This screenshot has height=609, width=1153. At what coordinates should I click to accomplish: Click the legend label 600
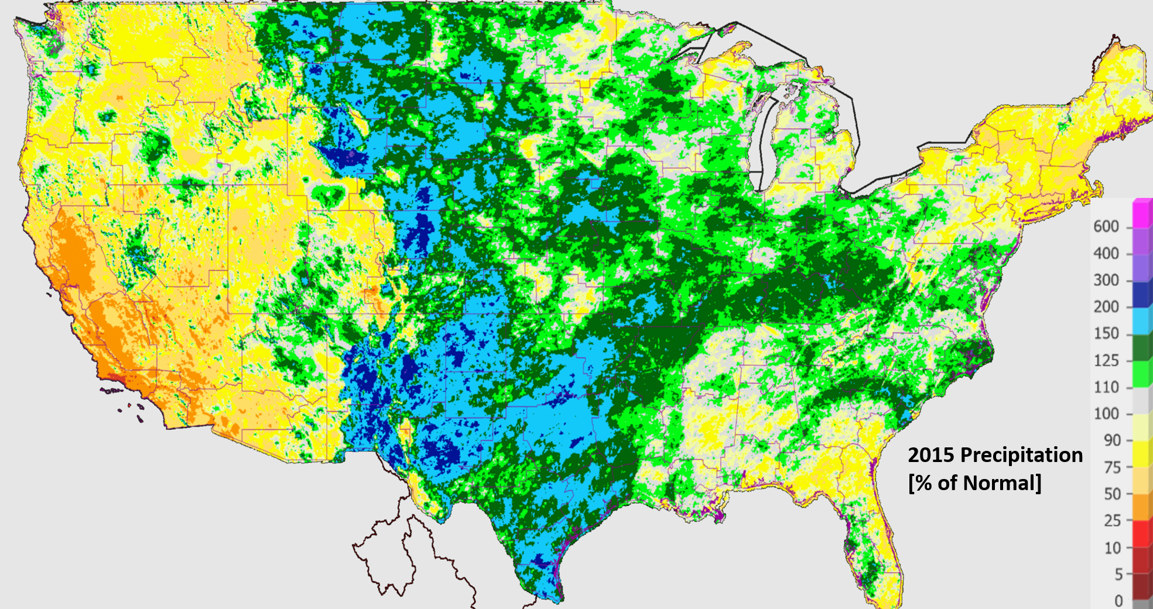[x=1106, y=227]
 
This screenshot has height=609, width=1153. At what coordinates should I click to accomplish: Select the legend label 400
[x=1106, y=254]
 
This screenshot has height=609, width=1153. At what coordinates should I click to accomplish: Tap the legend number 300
[x=1106, y=280]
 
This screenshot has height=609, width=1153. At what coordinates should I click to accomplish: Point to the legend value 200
[x=1106, y=307]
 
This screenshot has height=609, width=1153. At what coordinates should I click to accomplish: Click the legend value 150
[x=1106, y=334]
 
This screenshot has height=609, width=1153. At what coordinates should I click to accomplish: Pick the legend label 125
[x=1106, y=361]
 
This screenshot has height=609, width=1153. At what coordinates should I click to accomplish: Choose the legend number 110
[x=1106, y=387]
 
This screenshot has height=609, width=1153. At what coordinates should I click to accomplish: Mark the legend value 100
[x=1106, y=414]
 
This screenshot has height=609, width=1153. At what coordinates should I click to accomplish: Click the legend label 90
[x=1112, y=440]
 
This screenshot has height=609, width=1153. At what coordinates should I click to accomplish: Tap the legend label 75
[x=1112, y=467]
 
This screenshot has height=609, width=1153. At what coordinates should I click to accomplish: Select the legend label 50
[x=1112, y=494]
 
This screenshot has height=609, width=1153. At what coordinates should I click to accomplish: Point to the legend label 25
[x=1112, y=521]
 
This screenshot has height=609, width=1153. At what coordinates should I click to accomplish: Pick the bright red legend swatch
[x=1142, y=534]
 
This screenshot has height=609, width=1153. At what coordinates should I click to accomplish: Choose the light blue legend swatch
[x=1142, y=320]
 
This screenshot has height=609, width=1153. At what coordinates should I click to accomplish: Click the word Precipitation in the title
[x=1021, y=456]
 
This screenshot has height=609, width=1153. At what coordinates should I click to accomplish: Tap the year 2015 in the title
[x=931, y=456]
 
